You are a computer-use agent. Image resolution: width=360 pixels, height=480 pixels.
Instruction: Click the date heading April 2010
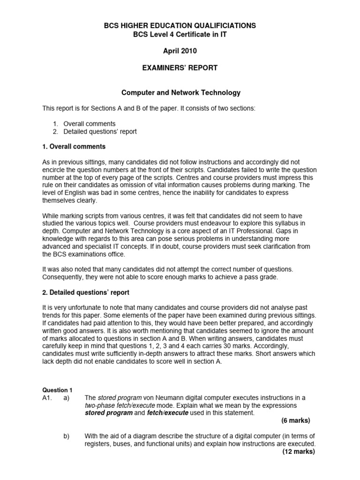click(x=180, y=51)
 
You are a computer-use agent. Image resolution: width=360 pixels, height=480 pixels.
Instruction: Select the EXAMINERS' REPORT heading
click(x=180, y=68)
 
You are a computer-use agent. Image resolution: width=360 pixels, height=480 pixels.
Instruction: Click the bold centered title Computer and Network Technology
click(x=180, y=93)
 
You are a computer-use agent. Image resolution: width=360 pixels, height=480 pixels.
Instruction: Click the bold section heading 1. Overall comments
click(x=74, y=147)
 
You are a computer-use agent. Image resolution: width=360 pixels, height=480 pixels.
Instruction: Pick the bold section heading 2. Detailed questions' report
click(x=86, y=293)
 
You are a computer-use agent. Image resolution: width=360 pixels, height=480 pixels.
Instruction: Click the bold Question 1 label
click(x=58, y=390)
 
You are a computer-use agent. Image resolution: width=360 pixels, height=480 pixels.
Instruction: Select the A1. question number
click(x=47, y=397)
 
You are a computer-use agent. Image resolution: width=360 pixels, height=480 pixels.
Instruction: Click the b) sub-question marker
click(x=67, y=436)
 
